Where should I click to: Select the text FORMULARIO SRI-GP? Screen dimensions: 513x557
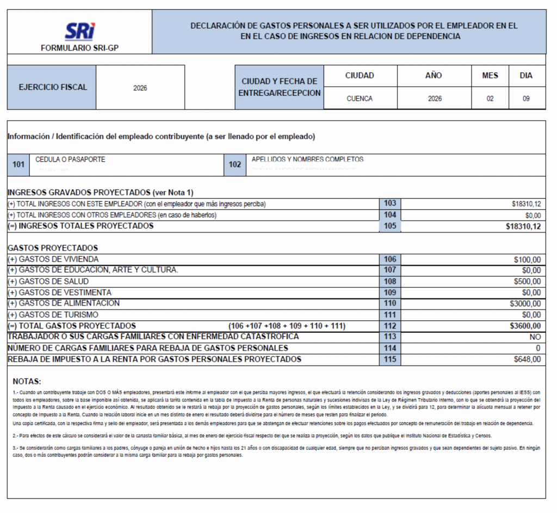coord(79,48)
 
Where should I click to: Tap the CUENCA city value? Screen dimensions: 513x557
coord(360,99)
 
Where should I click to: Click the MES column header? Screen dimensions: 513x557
coord(490,76)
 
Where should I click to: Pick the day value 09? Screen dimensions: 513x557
coord(526,99)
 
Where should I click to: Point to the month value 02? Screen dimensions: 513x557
coord(490,99)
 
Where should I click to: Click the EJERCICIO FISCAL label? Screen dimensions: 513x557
coord(53,87)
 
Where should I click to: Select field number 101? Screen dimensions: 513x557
coord(18,164)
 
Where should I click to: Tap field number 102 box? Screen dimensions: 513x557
coord(235,164)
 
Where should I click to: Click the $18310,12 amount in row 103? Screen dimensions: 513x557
coord(526,204)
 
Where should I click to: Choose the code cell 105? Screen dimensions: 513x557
coord(389,226)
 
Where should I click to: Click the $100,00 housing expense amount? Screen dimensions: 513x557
coord(527,260)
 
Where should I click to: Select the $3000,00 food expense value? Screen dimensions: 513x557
coord(525,303)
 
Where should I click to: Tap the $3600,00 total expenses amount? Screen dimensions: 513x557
coord(525,326)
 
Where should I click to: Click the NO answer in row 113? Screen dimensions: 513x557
coord(535,337)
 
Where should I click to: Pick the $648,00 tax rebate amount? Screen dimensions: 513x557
coord(527,359)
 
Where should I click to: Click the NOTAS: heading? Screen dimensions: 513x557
coord(27,381)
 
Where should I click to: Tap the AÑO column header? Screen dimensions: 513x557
coord(434,76)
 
